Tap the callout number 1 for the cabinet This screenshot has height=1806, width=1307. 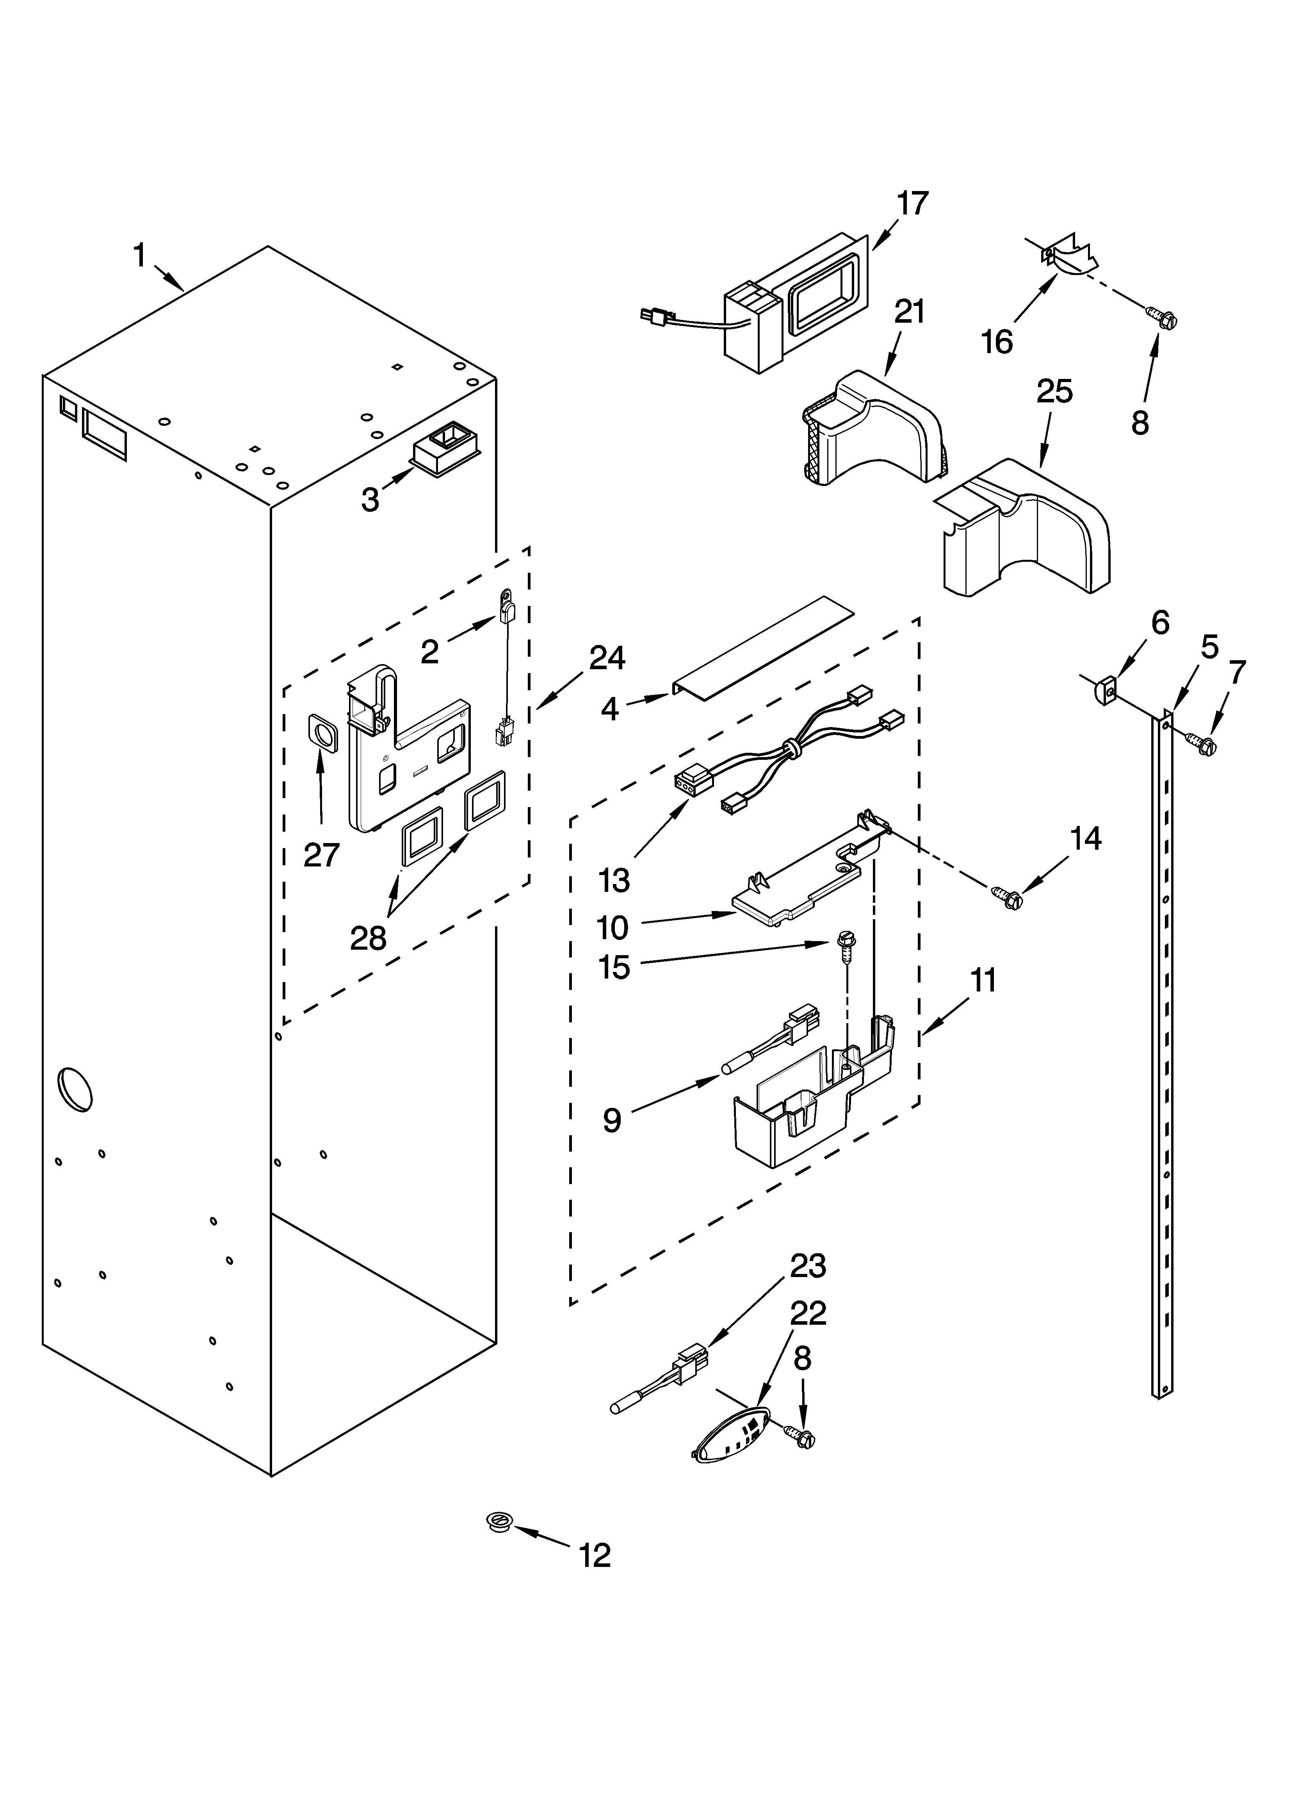tap(140, 256)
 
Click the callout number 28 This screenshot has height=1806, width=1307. tap(369, 938)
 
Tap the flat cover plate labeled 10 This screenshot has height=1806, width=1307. tap(796, 888)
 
